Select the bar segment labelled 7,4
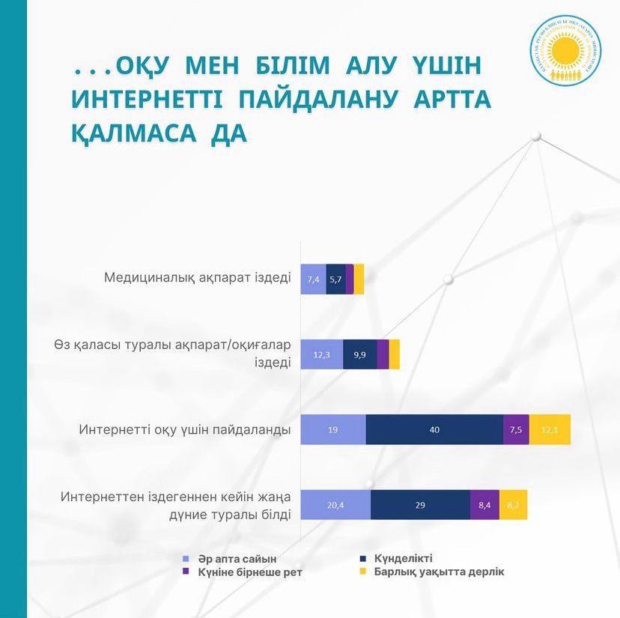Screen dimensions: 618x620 314,279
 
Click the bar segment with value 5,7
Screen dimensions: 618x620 335,279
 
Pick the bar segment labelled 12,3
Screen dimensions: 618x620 322,354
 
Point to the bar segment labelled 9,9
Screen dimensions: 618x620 360,354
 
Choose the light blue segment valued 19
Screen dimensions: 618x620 333,429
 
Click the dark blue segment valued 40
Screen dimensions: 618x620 434,429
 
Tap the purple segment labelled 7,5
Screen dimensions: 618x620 516,429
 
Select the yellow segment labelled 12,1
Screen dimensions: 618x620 550,429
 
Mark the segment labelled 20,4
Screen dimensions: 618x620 335,505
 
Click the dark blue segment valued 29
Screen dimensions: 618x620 420,505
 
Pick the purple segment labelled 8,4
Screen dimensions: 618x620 484,505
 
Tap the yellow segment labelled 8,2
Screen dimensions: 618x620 513,505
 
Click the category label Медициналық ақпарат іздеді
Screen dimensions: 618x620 196,278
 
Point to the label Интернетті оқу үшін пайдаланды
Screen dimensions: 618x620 184,430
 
